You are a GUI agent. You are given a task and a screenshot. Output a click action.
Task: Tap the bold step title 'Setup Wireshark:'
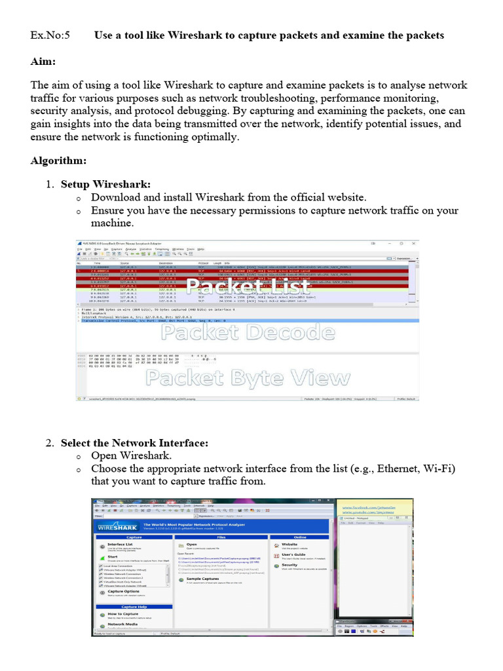pyautogui.click(x=105, y=184)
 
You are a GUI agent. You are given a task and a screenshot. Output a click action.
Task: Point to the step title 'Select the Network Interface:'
pyautogui.click(x=134, y=443)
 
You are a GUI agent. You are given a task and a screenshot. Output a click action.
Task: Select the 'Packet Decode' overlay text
pyautogui.click(x=236, y=333)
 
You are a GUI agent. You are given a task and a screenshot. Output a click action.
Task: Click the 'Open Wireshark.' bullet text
pyautogui.click(x=131, y=455)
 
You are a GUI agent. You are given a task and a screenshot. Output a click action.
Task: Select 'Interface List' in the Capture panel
pyautogui.click(x=120, y=545)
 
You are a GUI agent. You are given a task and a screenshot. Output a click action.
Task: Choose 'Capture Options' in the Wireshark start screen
pyautogui.click(x=123, y=592)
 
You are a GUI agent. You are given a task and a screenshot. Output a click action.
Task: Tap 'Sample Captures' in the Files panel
pyautogui.click(x=202, y=579)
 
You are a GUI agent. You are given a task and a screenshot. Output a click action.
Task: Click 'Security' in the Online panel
pyautogui.click(x=289, y=565)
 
